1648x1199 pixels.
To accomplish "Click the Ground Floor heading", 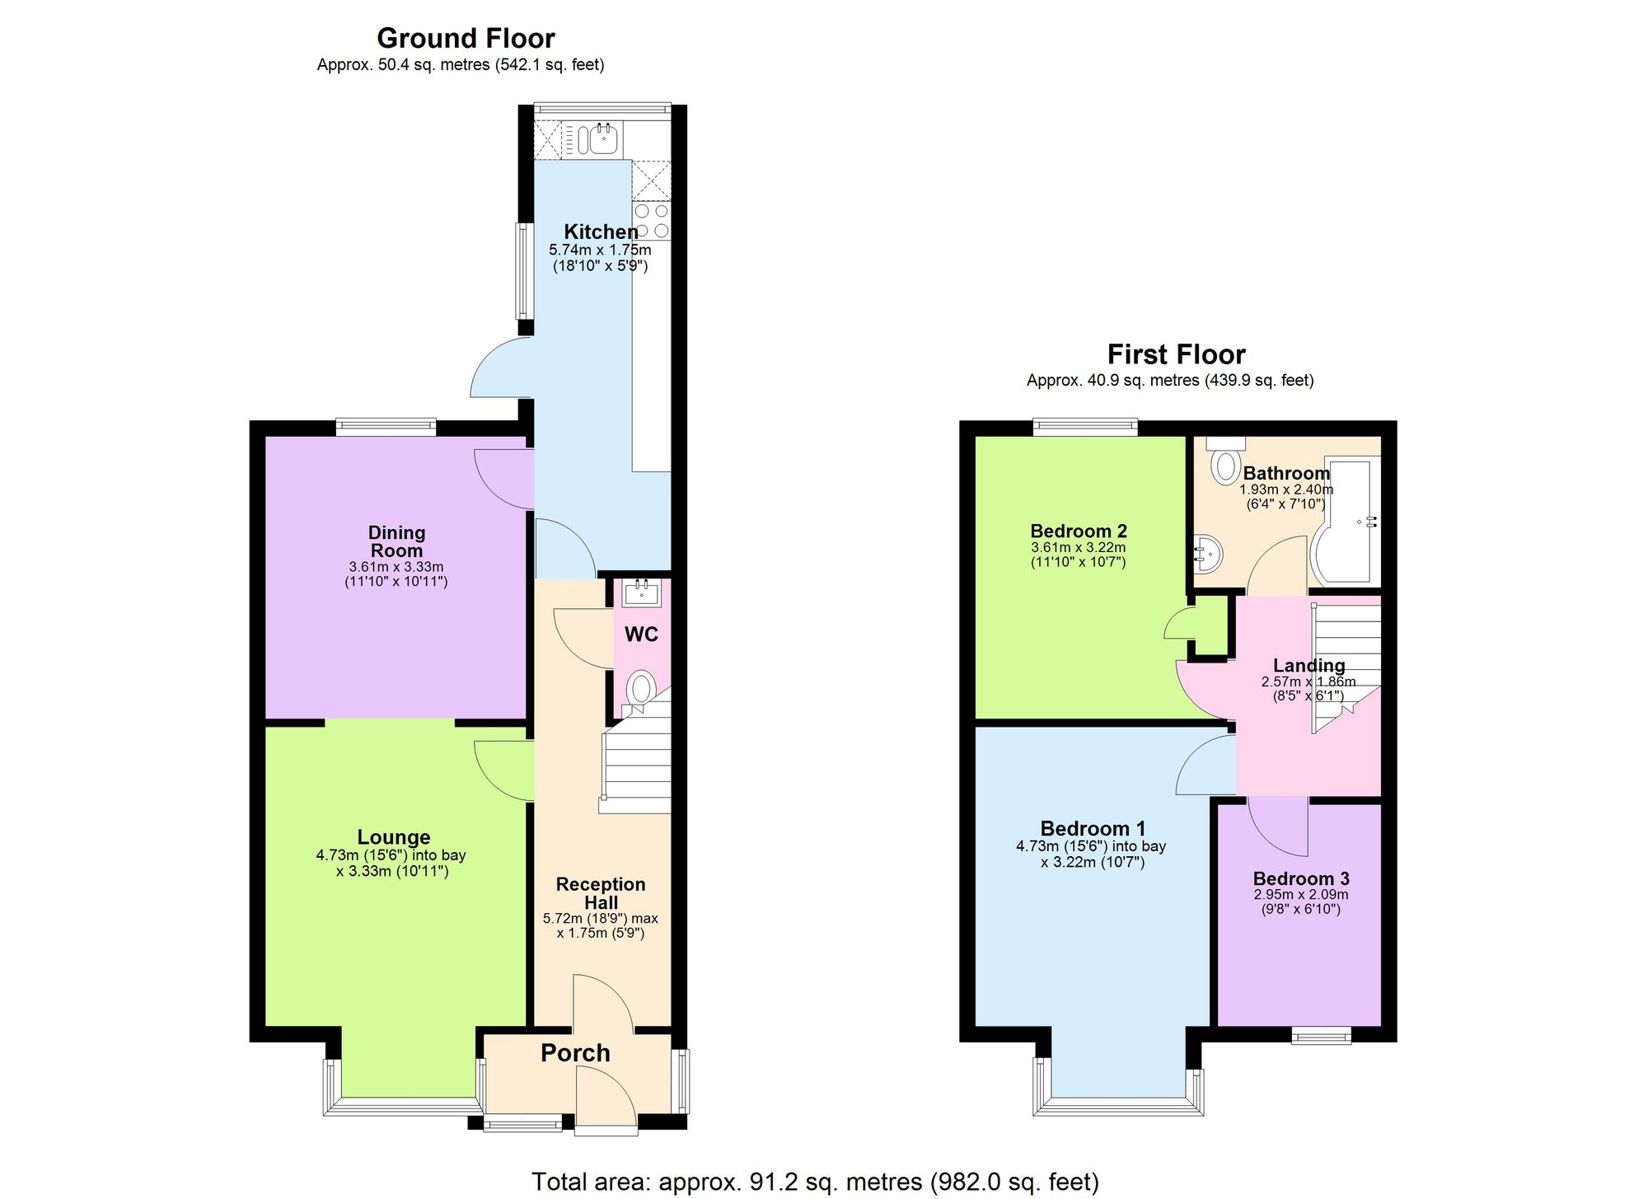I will point(466,39).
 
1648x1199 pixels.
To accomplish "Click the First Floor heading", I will point(1176,354).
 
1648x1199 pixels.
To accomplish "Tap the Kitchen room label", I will point(601,232).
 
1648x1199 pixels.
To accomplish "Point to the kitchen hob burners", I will point(651,220).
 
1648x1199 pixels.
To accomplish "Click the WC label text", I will point(641,635).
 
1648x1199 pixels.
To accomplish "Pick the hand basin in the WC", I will point(641,592).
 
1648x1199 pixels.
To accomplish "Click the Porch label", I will point(575,1053).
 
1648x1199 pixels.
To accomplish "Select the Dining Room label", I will point(396,542).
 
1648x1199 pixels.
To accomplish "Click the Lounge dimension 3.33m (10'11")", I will point(392,871).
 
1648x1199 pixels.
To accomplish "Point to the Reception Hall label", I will point(601,893).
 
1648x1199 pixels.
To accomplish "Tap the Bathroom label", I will point(1286,474).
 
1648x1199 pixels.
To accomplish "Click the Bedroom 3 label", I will point(1301,879).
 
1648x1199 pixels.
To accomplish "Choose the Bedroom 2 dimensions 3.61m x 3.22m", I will point(1078,547).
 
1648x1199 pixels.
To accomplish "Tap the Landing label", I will point(1309,666).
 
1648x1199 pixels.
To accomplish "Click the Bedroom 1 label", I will point(1093,829).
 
